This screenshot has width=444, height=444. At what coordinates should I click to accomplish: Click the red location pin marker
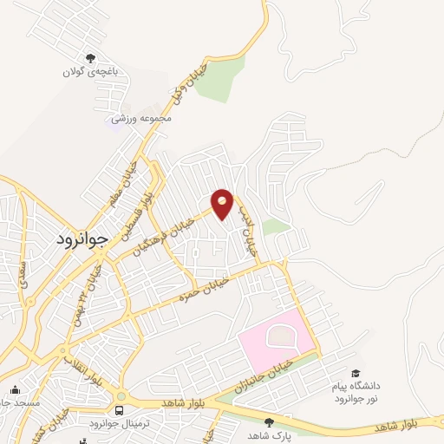pos(223,203)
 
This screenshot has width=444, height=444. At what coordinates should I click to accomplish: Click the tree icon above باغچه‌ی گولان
pos(68,58)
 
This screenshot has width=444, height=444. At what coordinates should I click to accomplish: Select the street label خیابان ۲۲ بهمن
pos(89,284)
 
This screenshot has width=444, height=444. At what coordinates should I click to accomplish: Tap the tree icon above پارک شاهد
pos(269,421)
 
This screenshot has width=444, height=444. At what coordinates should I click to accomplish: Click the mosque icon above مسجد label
pos(15,389)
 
